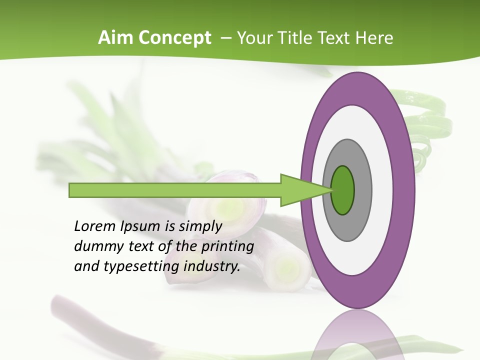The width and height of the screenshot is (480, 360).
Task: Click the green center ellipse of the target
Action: pyautogui.click(x=343, y=190)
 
